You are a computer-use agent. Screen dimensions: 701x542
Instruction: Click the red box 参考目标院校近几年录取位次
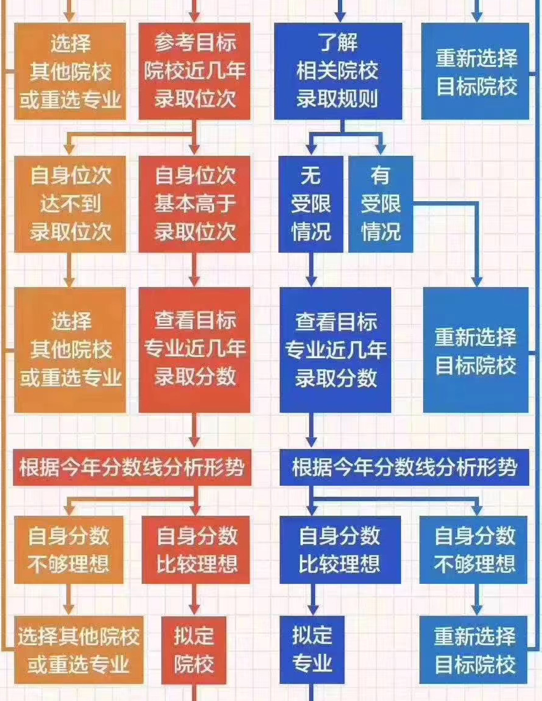click(194, 71)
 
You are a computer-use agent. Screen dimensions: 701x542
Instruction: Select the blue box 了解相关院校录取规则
click(337, 71)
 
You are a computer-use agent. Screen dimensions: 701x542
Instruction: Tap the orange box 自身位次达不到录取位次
click(71, 204)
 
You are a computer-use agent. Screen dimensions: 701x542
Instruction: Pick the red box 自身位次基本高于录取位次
click(194, 204)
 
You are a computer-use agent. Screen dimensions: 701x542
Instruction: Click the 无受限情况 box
click(311, 204)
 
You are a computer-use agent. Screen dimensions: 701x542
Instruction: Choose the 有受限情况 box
click(380, 204)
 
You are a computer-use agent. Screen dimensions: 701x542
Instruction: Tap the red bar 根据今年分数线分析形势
click(132, 469)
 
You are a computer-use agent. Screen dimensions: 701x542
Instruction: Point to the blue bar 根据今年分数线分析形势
click(405, 469)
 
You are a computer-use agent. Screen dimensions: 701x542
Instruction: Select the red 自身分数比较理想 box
click(196, 550)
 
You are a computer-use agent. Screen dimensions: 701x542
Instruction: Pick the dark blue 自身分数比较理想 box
click(340, 550)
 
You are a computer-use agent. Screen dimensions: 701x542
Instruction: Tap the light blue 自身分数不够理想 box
click(474, 550)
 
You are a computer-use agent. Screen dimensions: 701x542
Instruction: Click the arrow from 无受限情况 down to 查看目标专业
click(311, 270)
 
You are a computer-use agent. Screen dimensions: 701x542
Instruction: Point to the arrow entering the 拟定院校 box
click(194, 601)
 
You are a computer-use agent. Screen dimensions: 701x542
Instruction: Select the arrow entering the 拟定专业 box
click(311, 601)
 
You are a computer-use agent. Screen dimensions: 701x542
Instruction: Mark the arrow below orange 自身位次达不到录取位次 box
click(70, 270)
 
